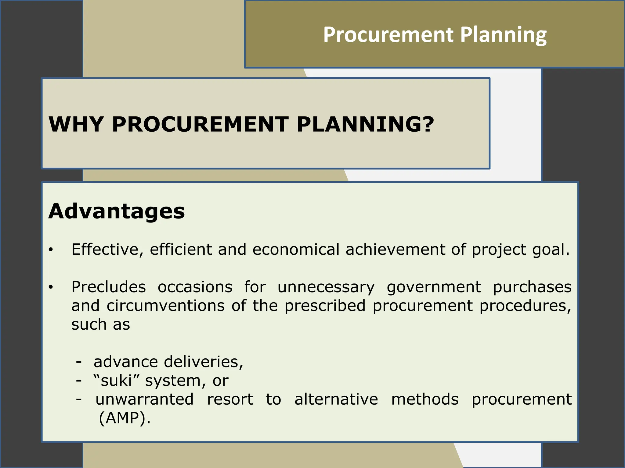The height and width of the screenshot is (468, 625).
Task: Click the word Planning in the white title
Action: pos(503,35)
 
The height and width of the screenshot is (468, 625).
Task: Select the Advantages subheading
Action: pos(117,211)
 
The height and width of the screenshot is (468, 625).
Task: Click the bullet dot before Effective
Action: pos(51,250)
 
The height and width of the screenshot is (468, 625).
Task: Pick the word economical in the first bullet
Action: pos(296,249)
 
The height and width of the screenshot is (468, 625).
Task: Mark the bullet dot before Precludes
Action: pos(51,287)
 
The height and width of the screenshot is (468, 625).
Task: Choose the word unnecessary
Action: pos(326,287)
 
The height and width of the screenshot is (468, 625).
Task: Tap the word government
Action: pos(434,287)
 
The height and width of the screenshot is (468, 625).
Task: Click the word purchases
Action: pos(532,287)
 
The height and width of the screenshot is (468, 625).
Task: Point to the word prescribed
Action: pos(325,306)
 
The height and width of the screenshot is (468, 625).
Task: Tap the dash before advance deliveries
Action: pos(79,362)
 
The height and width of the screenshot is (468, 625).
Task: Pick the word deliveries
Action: pos(203,362)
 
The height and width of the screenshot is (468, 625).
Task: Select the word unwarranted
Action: pos(145,399)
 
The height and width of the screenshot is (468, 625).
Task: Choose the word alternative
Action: pos(336,399)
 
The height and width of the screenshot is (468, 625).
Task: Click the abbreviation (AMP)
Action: pos(125,418)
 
